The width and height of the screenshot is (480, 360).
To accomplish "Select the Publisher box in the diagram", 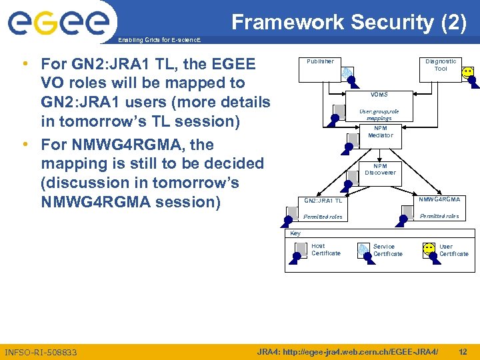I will click(x=320, y=62).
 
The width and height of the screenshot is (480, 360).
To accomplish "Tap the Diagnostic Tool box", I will click(x=441, y=65).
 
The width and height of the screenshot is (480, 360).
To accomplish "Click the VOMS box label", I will click(x=379, y=95).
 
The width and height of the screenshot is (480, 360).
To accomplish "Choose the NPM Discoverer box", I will click(x=380, y=169).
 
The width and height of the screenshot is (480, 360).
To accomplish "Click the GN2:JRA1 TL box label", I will click(x=323, y=201).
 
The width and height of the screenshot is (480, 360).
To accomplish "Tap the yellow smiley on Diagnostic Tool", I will click(x=468, y=72).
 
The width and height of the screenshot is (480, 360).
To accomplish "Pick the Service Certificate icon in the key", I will click(x=363, y=249).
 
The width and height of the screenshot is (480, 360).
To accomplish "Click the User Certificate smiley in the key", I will click(x=430, y=249).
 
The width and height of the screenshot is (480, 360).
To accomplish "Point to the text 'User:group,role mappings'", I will click(x=379, y=115).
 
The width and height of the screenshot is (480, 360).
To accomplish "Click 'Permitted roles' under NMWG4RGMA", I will click(x=439, y=216).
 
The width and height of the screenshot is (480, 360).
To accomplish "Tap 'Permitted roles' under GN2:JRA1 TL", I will click(x=323, y=217).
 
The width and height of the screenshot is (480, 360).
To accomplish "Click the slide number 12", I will click(x=463, y=351).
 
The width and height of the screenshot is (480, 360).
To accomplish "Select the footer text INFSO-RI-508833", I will click(x=41, y=352).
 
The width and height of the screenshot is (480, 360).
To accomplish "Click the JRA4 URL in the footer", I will click(x=347, y=351).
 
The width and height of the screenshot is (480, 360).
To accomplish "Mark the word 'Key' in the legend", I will click(x=295, y=233).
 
